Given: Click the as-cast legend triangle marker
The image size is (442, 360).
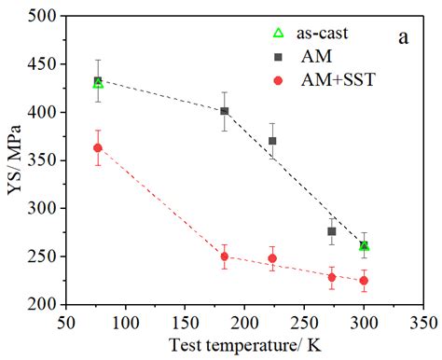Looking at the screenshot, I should (276, 34).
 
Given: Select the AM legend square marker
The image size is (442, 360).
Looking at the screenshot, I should (276, 56).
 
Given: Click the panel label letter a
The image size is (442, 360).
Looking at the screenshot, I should (403, 37).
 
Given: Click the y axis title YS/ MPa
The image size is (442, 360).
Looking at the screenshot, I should (12, 159).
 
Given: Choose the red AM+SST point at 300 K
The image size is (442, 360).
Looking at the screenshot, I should (364, 280).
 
